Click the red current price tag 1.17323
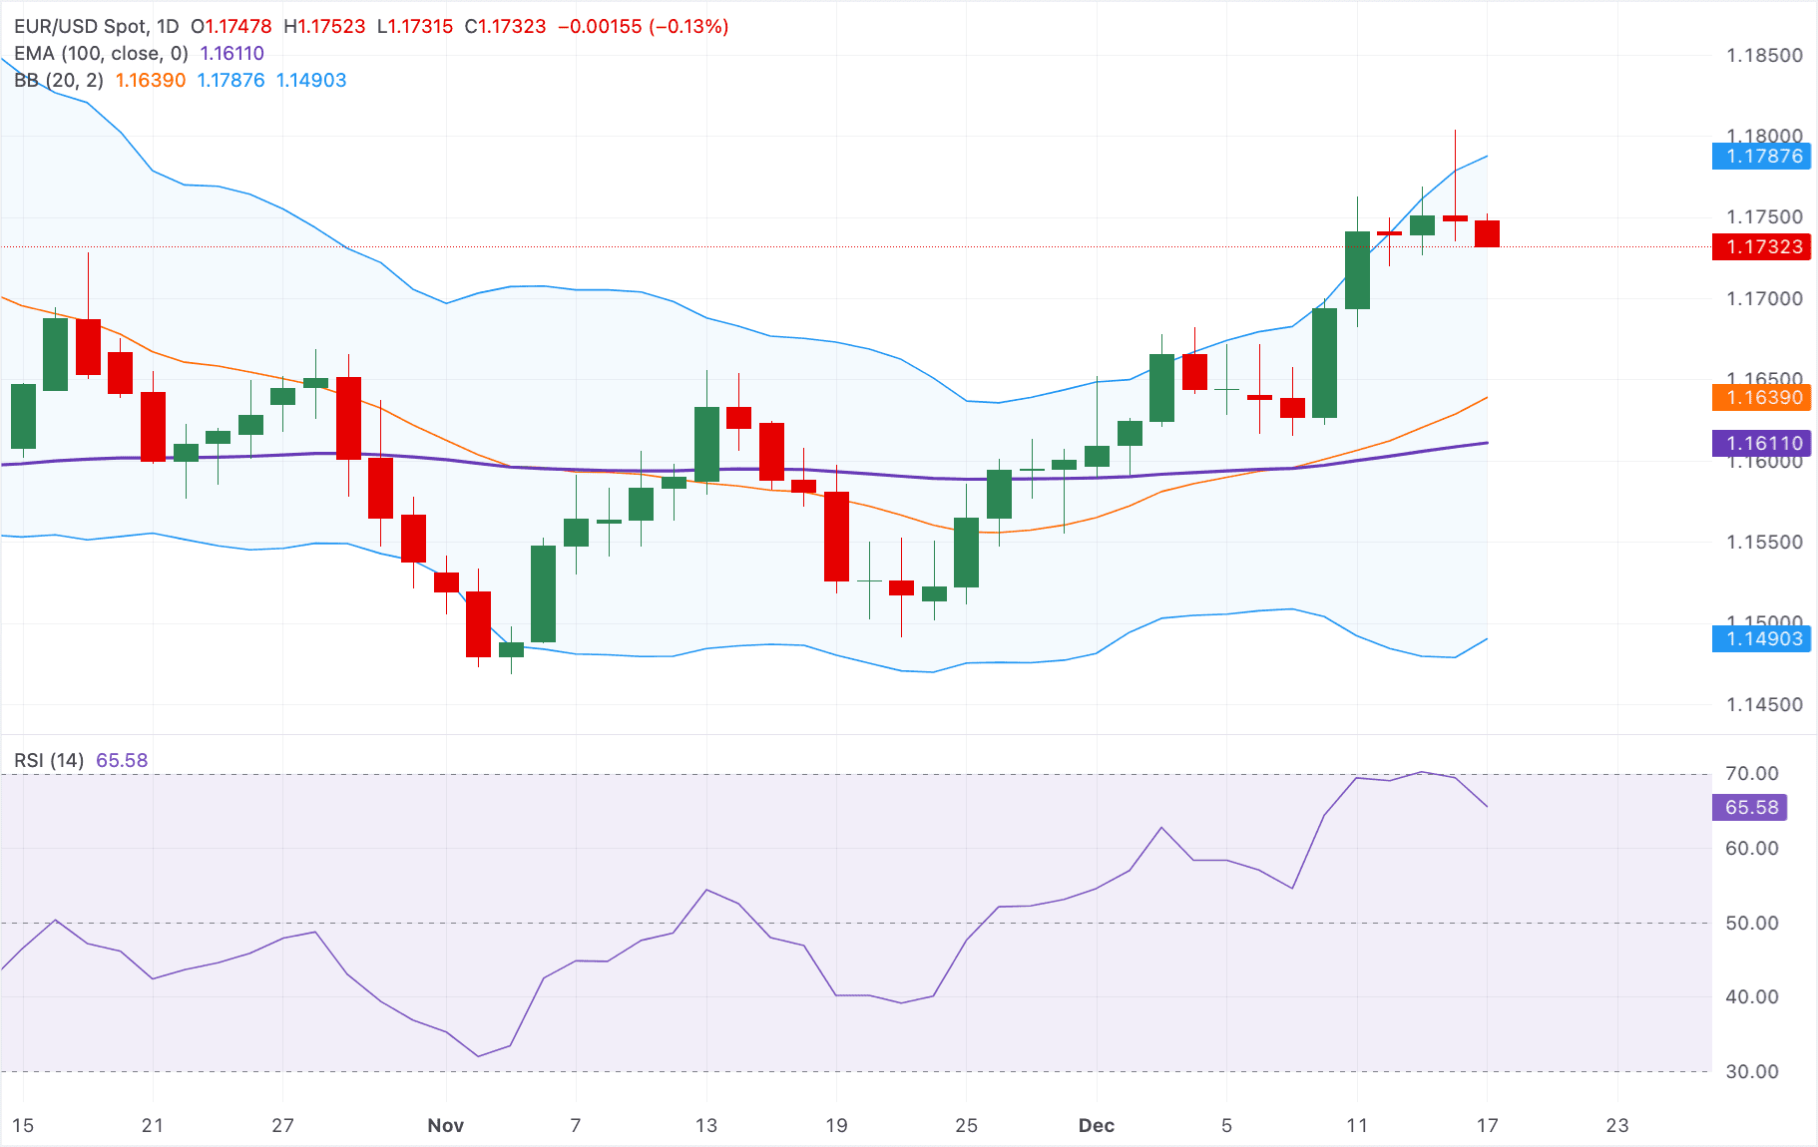pos(1761,246)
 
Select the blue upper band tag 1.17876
pos(1761,156)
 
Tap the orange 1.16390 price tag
pos(1761,397)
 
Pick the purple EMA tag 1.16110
pos(1761,443)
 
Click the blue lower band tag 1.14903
pos(1761,638)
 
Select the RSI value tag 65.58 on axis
pos(1749,807)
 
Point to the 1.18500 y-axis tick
pos(1764,55)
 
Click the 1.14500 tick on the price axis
pos(1764,704)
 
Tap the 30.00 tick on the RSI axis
pos(1751,1071)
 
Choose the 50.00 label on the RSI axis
pos(1751,923)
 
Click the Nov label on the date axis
pos(445,1125)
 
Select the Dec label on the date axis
pos(1096,1125)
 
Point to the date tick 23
pos(1616,1125)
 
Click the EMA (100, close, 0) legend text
pos(101,53)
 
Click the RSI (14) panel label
pos(49,760)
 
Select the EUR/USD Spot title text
pos(80,26)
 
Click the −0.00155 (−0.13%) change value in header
pos(643,26)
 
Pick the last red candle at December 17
pos(1487,233)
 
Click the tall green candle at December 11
pos(1357,270)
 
